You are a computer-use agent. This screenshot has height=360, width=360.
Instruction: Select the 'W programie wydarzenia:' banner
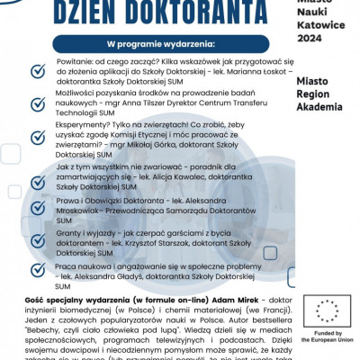[161, 44]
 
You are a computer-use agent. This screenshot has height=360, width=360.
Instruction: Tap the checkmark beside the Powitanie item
[39, 69]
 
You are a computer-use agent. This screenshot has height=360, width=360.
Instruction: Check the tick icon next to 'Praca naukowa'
[39, 270]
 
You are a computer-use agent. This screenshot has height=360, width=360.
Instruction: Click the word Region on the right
[317, 96]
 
